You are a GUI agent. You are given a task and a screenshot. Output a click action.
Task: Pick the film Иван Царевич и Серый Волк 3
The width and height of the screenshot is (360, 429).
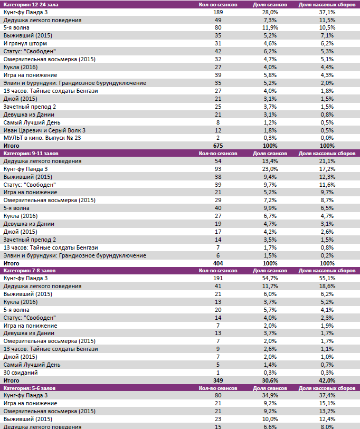[44, 130]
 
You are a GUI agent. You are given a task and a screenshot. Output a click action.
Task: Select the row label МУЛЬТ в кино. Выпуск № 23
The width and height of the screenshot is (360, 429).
[42, 138]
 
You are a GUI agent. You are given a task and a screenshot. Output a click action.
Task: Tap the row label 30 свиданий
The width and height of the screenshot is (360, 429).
[21, 372]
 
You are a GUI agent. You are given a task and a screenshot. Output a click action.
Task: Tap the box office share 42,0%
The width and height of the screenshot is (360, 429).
[327, 380]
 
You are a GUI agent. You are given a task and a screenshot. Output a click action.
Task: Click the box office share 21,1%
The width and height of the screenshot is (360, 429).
[327, 161]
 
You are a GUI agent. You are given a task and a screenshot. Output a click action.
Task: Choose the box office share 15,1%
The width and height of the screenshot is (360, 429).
[327, 403]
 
